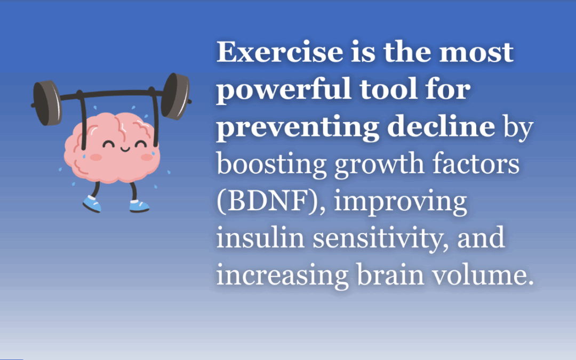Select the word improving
[x=403, y=202]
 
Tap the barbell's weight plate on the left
[x=48, y=102]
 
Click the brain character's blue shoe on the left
[x=91, y=203]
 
